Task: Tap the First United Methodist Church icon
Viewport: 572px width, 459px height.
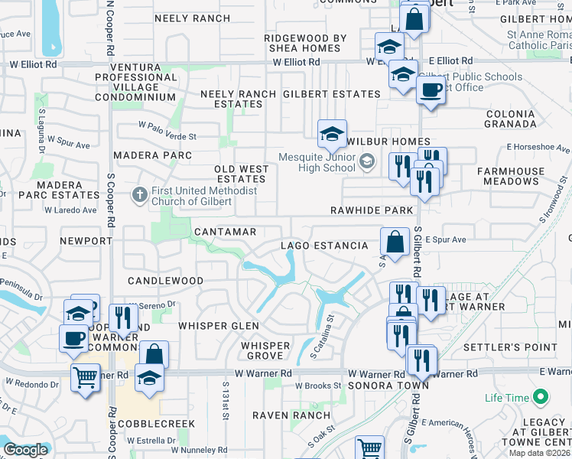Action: (x=139, y=195)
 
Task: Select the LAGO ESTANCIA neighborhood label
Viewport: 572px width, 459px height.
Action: (x=324, y=246)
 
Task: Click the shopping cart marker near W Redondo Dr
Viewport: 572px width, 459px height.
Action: (x=85, y=376)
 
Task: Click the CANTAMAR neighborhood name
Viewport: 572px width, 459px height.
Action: (x=225, y=231)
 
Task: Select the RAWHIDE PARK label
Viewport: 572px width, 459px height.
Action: (x=372, y=210)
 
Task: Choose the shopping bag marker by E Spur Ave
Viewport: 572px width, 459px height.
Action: (x=395, y=242)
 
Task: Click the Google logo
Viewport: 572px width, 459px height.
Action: (x=26, y=450)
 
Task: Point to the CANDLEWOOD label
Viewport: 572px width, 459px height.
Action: (x=165, y=281)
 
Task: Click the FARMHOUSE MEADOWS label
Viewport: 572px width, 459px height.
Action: (x=509, y=176)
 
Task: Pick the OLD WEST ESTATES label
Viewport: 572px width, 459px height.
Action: (x=241, y=174)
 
